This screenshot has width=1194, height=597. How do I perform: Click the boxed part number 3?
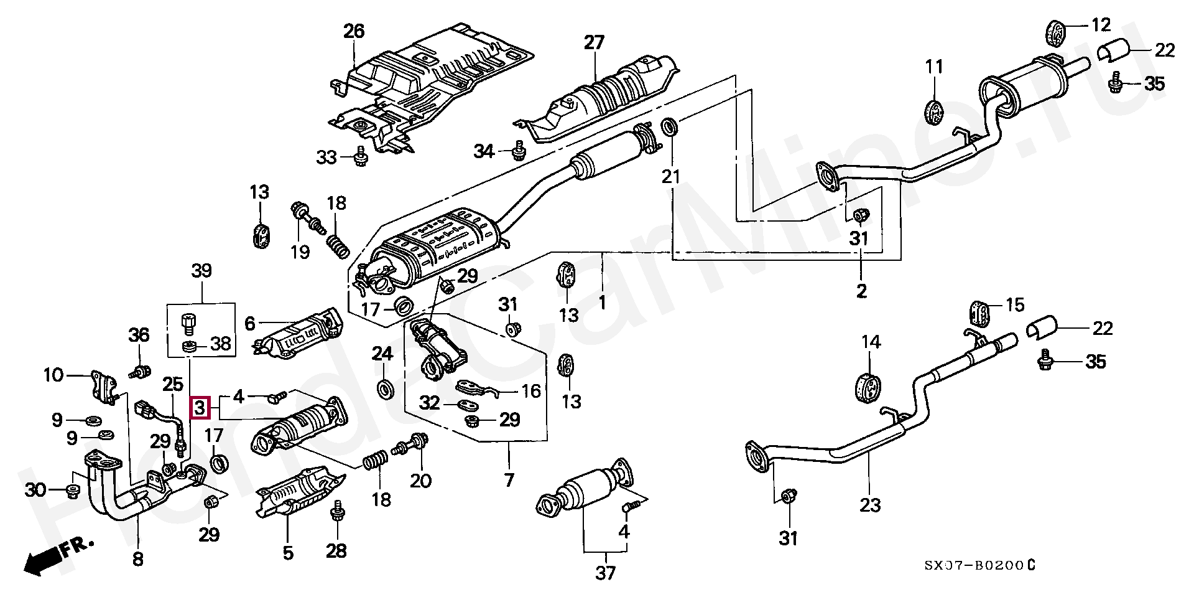coord(199,408)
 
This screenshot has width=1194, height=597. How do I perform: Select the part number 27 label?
coord(594,43)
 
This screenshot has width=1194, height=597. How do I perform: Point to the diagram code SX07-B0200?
coord(979,565)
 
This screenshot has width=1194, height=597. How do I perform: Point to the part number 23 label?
coord(871,504)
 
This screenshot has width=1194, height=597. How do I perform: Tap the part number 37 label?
coord(606,572)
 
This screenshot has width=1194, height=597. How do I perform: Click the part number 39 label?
coord(201,271)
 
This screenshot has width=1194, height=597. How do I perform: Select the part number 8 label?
coord(138,559)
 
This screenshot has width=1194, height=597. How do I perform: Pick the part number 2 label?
coord(861,291)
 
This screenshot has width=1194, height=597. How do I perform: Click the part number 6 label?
coord(249,323)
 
